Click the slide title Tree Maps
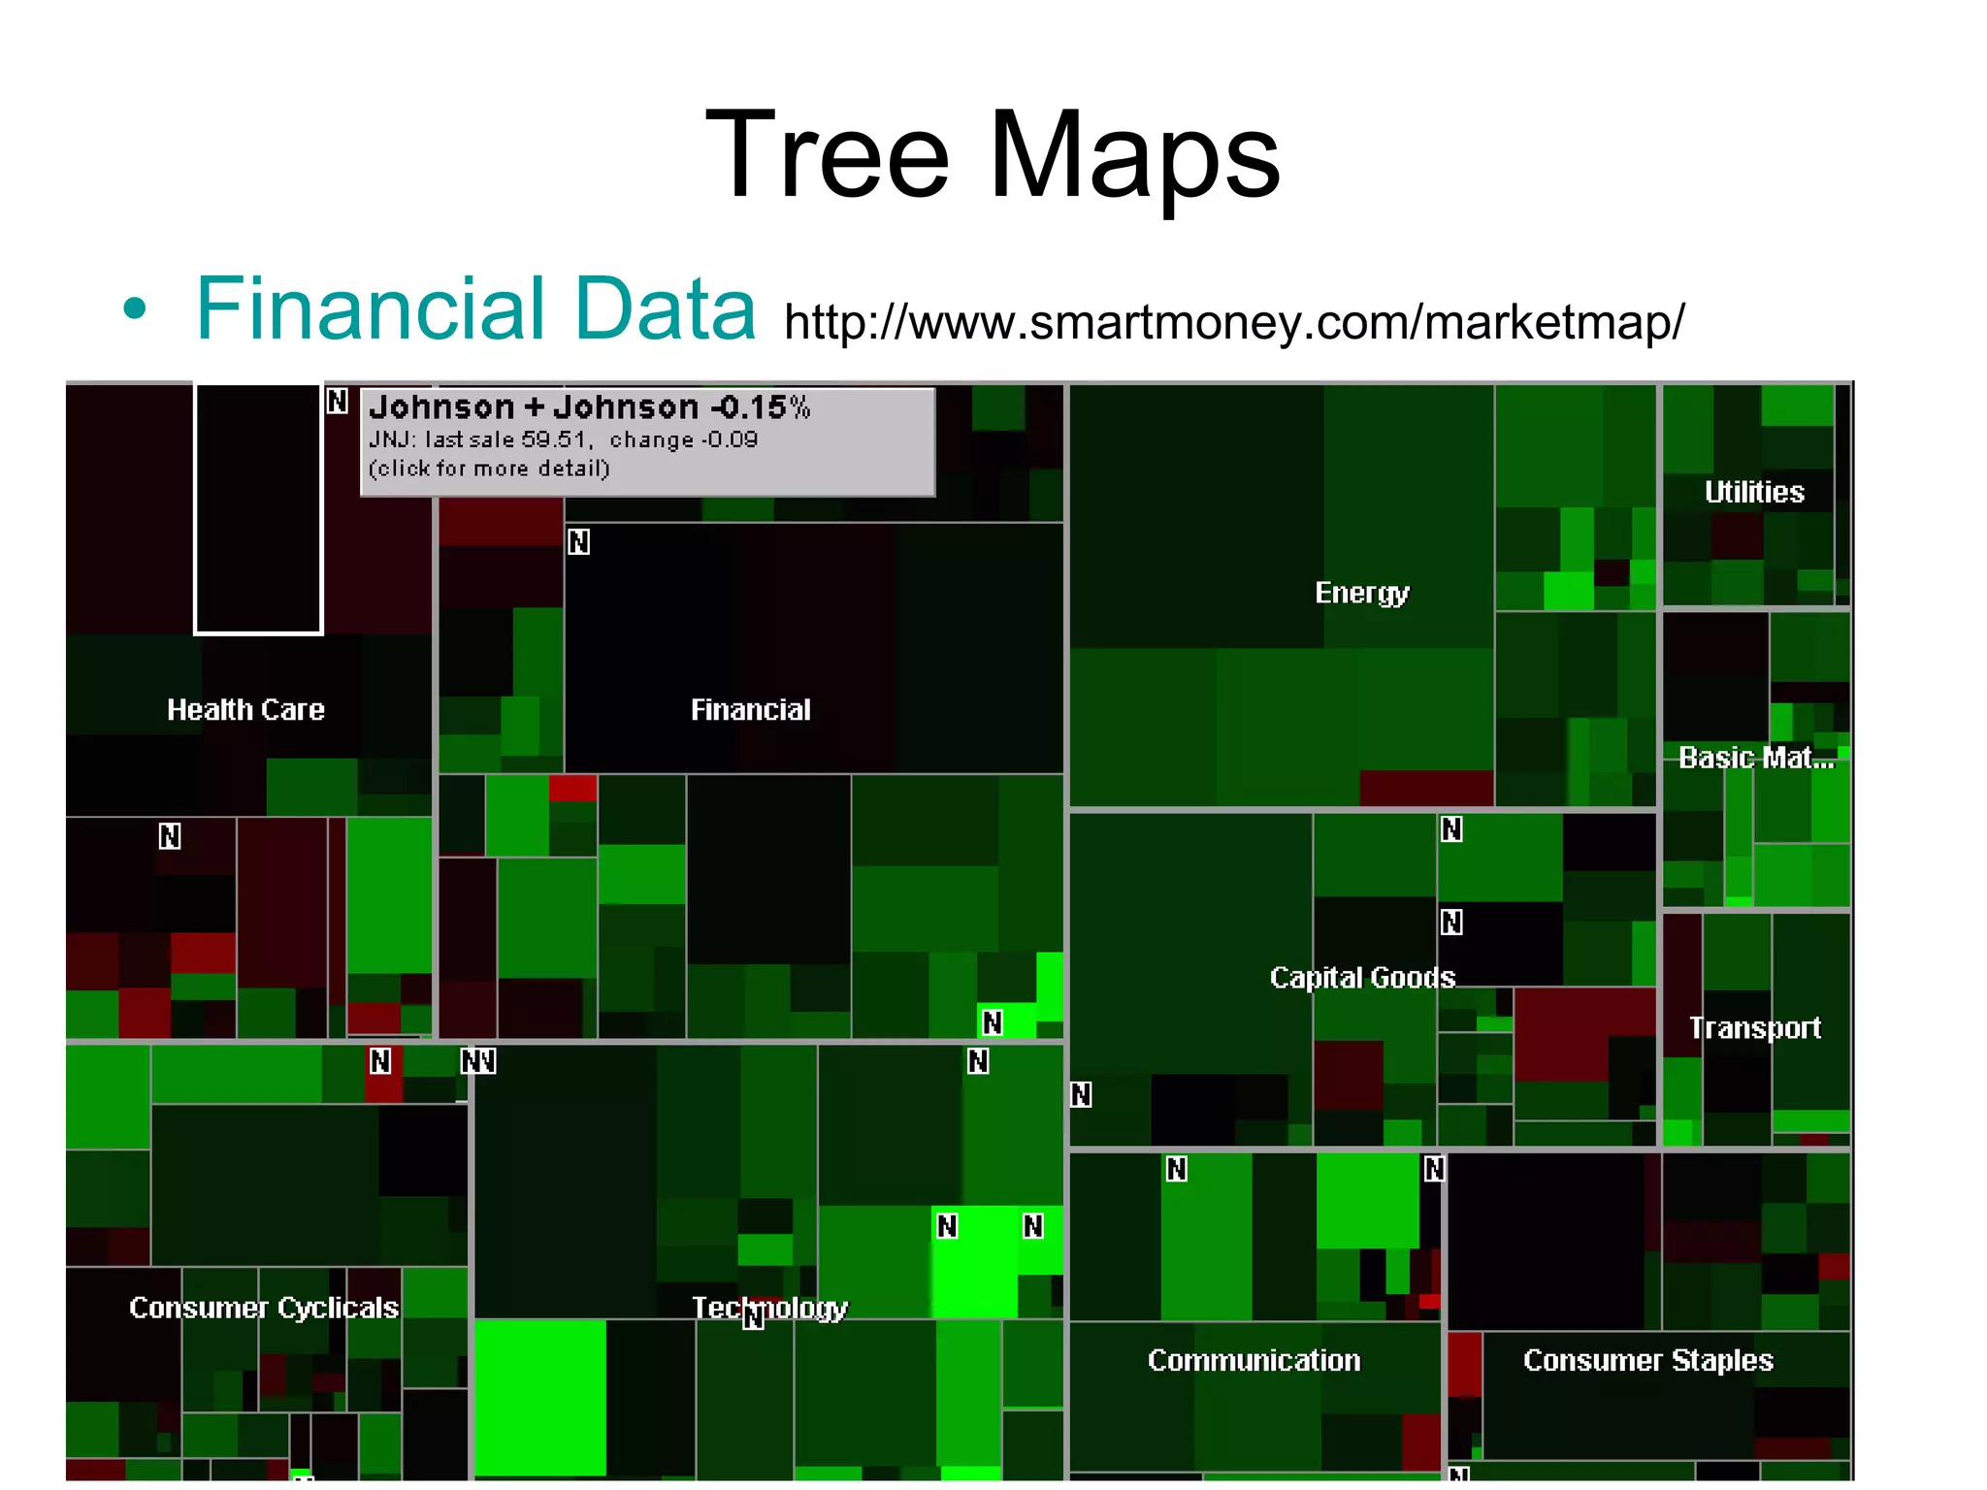993,155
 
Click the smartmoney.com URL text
1234,322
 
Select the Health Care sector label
245,710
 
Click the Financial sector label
750,710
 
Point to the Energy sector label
1361,593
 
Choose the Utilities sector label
1754,492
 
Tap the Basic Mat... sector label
1756,758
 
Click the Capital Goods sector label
1362,977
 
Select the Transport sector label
1754,1027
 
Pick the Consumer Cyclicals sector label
264,1308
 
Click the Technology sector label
769,1308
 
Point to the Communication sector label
1254,1360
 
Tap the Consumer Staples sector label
1647,1360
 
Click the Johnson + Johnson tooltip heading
589,407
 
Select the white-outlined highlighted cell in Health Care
258,509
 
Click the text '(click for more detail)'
489,469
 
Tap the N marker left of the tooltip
337,401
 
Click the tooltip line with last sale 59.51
563,439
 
